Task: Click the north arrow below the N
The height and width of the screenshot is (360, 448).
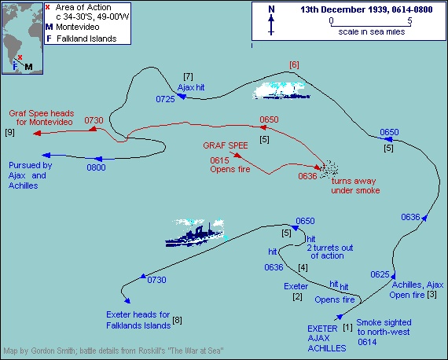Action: point(271,25)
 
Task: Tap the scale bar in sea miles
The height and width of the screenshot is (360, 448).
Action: point(370,24)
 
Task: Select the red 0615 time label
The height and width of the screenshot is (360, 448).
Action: point(219,160)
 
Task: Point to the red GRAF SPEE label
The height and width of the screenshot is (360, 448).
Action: point(226,145)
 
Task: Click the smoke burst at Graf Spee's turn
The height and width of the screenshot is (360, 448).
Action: point(329,168)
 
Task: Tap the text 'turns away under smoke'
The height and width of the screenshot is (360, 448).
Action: point(355,186)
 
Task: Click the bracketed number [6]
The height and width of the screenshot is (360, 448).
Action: point(294,65)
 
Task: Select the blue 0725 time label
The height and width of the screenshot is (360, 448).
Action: point(165,99)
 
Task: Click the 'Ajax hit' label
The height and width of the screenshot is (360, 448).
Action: point(191,87)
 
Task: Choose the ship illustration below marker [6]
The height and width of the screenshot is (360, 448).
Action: point(281,90)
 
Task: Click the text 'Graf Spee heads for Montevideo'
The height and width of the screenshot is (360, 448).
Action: point(42,118)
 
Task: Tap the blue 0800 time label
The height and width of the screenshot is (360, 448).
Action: point(97,167)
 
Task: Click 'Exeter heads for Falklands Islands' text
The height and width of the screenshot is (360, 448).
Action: point(138,320)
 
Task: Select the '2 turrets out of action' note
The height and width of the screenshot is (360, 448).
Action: point(330,252)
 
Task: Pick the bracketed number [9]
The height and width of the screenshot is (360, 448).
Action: point(9,132)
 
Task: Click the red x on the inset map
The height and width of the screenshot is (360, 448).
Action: point(20,57)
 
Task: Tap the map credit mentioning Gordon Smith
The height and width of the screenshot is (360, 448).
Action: point(113,351)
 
